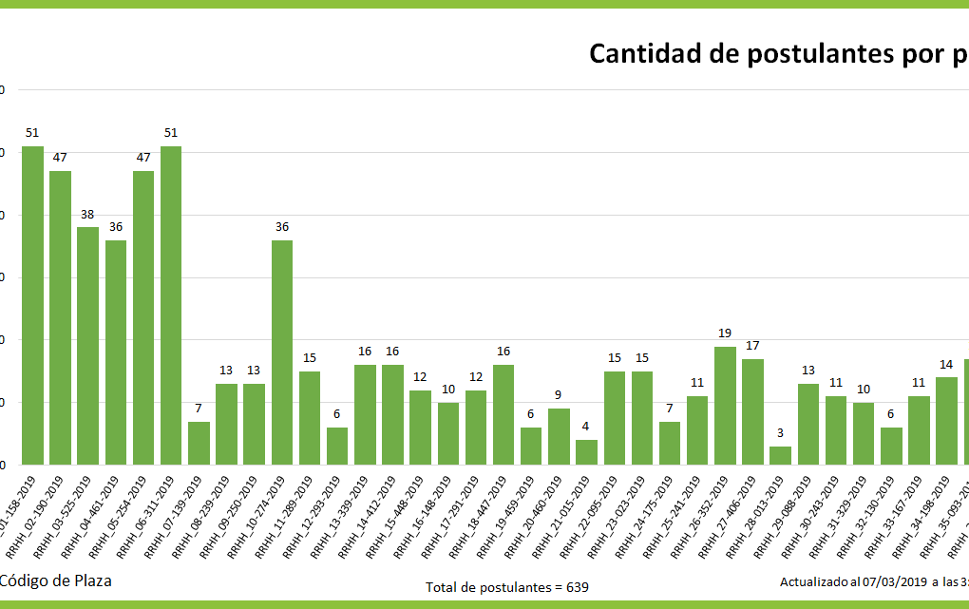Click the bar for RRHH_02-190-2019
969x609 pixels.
pyautogui.click(x=60, y=317)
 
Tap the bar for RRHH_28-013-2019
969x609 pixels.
pyautogui.click(x=780, y=455)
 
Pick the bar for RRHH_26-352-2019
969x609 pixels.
pyautogui.click(x=725, y=406)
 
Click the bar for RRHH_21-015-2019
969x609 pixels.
pyautogui.click(x=587, y=452)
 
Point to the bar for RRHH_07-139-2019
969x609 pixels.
pyautogui.click(x=199, y=443)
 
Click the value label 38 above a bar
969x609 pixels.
pyautogui.click(x=87, y=215)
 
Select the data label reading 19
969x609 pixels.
pyautogui.click(x=725, y=333)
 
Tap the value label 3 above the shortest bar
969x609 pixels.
pyautogui.click(x=780, y=433)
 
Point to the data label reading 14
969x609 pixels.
pyautogui.click(x=946, y=365)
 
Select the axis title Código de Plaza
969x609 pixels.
pyautogui.click(x=55, y=580)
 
